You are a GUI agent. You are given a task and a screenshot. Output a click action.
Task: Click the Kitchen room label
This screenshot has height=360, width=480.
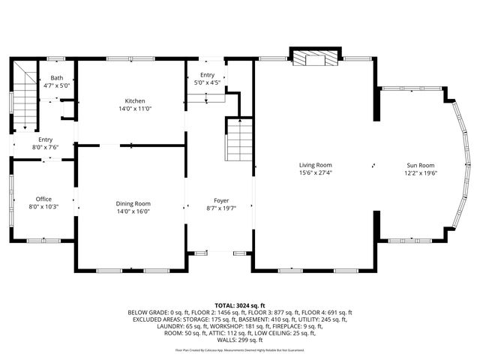(135, 101)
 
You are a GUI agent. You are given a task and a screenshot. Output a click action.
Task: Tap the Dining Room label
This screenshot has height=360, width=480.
(133, 203)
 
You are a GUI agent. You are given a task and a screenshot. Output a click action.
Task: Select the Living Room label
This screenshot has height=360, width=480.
(315, 165)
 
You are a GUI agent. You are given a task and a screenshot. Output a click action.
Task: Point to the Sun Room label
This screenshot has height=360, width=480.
(421, 165)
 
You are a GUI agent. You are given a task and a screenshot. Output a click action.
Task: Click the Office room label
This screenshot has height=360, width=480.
(43, 199)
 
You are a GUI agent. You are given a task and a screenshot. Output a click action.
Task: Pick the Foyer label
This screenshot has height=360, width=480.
(221, 200)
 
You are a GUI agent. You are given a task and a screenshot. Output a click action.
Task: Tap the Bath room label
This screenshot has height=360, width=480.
(57, 78)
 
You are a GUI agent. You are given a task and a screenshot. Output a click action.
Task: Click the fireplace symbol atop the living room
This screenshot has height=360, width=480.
(314, 58)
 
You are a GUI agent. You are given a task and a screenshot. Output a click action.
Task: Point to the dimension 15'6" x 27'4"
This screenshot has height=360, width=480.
(315, 172)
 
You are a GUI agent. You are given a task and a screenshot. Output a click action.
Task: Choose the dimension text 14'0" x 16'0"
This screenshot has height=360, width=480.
(133, 211)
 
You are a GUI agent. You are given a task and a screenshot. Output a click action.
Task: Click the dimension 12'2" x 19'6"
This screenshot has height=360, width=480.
(421, 172)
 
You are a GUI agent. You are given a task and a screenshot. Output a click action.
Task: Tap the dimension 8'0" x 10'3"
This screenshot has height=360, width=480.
(43, 206)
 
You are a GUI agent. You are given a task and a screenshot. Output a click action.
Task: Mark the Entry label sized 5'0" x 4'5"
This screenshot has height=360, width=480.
(207, 75)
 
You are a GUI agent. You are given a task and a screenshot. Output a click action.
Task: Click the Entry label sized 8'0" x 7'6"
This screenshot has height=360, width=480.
(46, 139)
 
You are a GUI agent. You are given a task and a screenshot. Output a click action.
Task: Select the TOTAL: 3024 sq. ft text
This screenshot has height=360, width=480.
(240, 305)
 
